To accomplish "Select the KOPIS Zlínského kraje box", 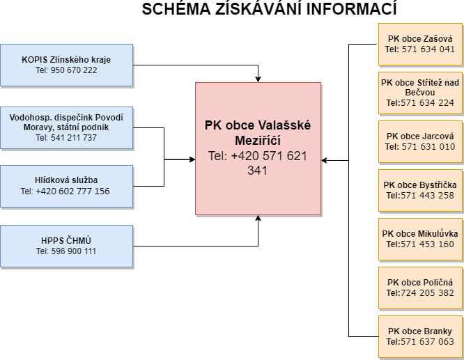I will coord(66,64).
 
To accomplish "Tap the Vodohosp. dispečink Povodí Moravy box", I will coord(66,127).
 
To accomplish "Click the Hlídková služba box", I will coord(66,185).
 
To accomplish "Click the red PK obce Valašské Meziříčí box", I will coord(258,148).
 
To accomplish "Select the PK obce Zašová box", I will coord(420,44).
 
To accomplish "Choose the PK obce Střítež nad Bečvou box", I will coord(420,93).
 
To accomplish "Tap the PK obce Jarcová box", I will coord(420,141).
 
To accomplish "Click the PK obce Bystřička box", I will coord(420,190).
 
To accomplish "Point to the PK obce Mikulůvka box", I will coord(420,239).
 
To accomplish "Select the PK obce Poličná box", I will coord(420,288).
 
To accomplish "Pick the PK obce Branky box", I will coord(420,336).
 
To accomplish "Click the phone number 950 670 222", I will coord(74,70).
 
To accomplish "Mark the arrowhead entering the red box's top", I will coord(258,79).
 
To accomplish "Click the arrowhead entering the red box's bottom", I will coord(258,218).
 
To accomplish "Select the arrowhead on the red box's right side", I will coord(325,160).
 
